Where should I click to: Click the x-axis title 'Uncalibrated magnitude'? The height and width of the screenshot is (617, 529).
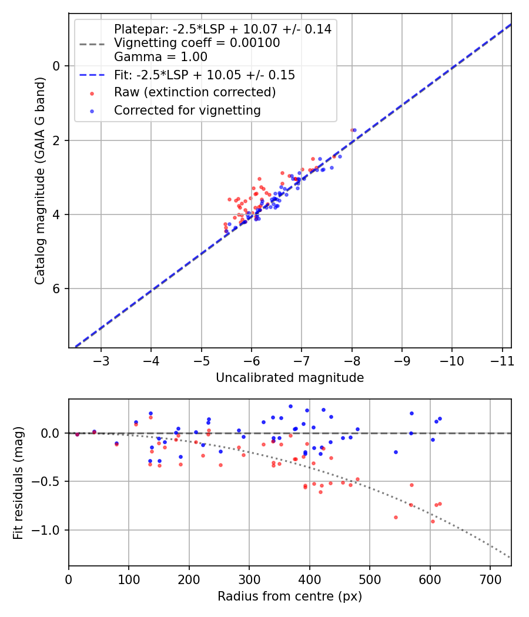(x=289, y=378)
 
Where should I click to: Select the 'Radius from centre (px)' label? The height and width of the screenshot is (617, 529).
(x=289, y=596)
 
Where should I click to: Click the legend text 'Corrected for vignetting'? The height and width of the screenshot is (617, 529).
(x=187, y=110)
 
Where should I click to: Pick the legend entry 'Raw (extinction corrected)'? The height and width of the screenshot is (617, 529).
(x=195, y=92)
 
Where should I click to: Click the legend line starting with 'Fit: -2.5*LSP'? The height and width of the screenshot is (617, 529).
(x=204, y=75)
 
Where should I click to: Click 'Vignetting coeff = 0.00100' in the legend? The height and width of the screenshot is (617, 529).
(x=197, y=43)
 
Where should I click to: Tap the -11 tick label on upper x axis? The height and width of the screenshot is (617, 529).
(x=502, y=359)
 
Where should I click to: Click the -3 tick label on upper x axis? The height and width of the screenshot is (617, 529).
(x=101, y=359)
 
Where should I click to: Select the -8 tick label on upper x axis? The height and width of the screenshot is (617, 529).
(x=351, y=359)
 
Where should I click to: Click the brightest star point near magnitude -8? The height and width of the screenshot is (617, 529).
(x=353, y=130)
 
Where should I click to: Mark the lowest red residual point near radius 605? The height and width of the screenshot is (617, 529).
(x=433, y=521)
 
